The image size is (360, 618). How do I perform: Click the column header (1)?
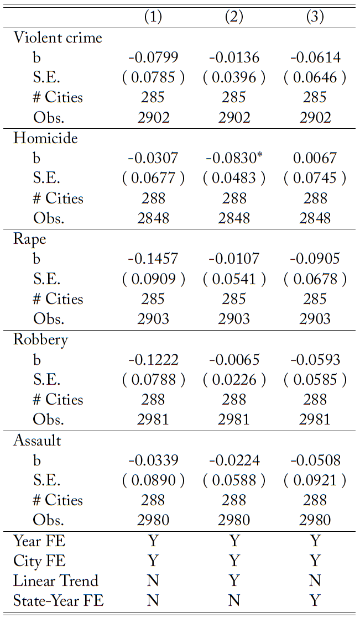click(x=153, y=17)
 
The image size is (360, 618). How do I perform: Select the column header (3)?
click(x=315, y=17)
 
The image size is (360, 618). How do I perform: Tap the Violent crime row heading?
click(x=58, y=38)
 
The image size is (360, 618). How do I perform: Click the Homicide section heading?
click(x=45, y=138)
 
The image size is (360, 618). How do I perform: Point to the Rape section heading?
click(x=30, y=239)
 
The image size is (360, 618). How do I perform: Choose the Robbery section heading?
click(x=40, y=339)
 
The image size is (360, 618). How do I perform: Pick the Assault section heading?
click(x=37, y=441)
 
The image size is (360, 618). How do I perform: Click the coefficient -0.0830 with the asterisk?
click(x=234, y=158)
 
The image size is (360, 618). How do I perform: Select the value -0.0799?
click(x=153, y=57)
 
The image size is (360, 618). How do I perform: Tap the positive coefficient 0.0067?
click(x=315, y=158)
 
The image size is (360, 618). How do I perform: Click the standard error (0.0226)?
click(x=234, y=380)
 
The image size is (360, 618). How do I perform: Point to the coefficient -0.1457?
click(x=153, y=259)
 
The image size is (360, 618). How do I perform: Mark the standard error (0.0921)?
click(x=315, y=481)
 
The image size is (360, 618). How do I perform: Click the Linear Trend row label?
click(x=56, y=581)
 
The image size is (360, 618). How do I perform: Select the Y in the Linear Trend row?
click(x=234, y=581)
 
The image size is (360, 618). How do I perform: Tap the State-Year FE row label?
click(x=59, y=601)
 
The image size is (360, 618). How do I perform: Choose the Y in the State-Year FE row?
click(x=315, y=601)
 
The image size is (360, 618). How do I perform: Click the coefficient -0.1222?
click(x=153, y=360)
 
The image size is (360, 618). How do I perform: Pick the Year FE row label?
click(x=39, y=541)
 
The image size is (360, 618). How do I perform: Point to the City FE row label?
click(x=39, y=561)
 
